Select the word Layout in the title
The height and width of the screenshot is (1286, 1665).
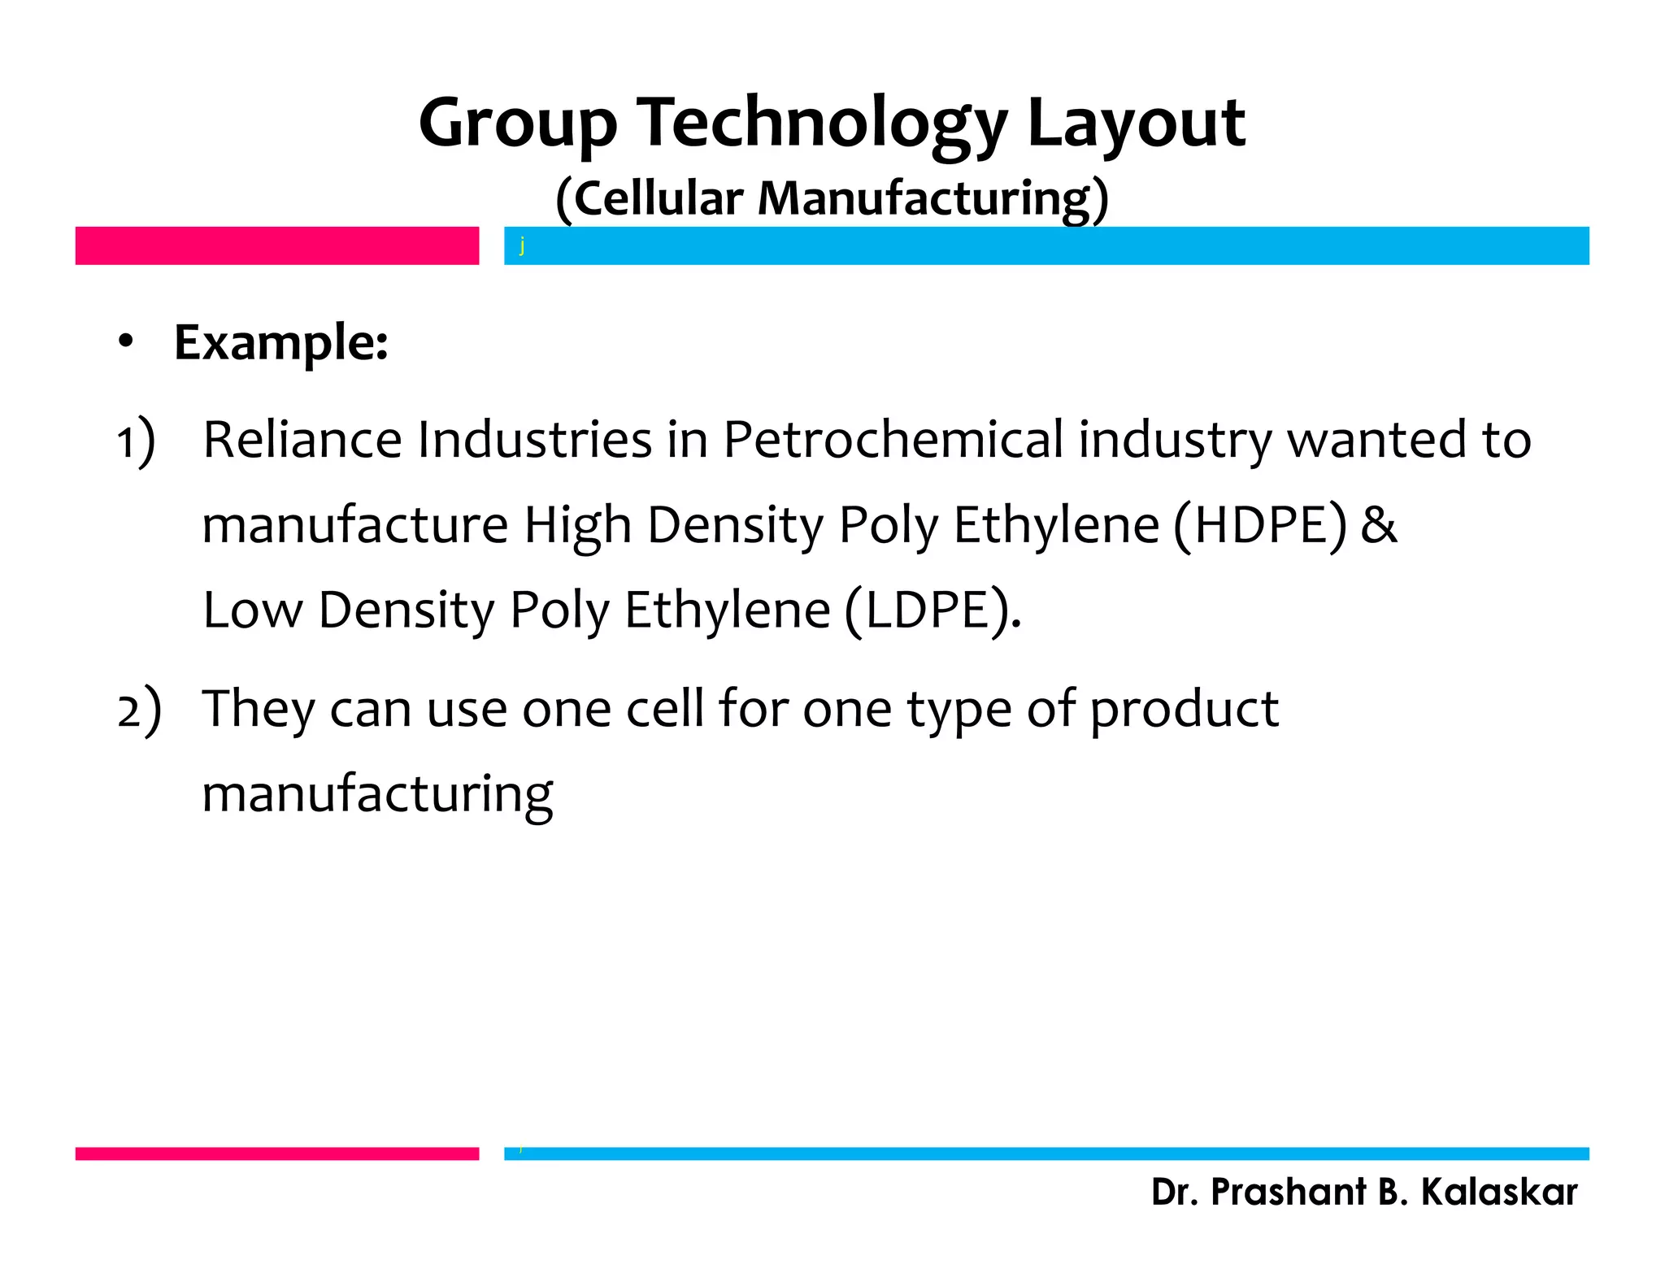pos(1136,124)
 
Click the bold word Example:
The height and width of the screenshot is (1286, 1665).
pos(281,342)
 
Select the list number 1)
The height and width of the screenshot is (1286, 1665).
pos(135,441)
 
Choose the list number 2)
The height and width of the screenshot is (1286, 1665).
pos(139,710)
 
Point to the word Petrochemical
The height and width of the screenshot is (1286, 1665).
pos(893,440)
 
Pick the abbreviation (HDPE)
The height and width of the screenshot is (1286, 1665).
pos(1260,525)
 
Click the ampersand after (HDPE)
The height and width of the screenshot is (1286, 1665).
pos(1379,525)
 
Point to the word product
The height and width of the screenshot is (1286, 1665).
pos(1184,709)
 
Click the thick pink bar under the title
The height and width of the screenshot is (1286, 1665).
pos(277,245)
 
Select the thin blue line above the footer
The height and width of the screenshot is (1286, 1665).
pos(1046,1153)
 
